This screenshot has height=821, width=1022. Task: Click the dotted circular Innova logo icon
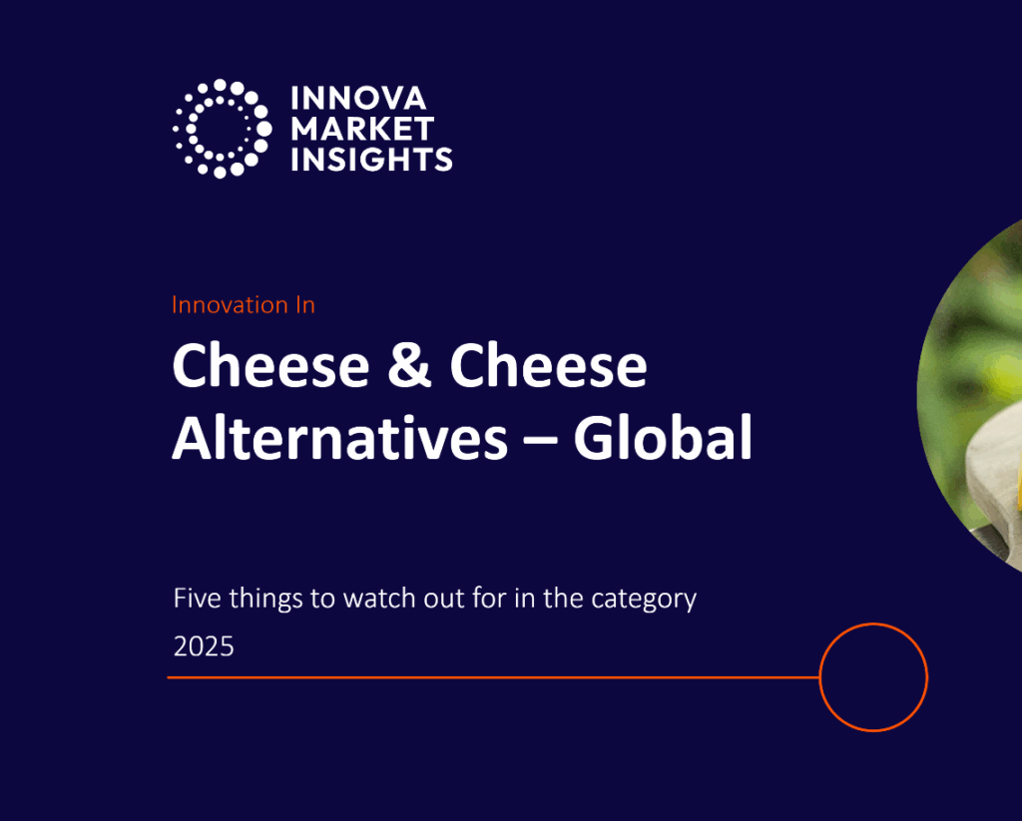click(x=222, y=129)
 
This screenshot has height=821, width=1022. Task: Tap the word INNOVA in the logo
click(x=358, y=99)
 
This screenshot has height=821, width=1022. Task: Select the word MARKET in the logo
click(x=362, y=129)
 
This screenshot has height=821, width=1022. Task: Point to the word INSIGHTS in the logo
click(x=371, y=159)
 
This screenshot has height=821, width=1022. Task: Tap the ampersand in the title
click(x=410, y=367)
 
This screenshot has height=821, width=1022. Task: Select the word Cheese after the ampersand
click(x=548, y=367)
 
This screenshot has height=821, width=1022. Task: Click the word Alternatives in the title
click(x=338, y=439)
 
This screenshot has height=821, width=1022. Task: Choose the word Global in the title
click(x=663, y=439)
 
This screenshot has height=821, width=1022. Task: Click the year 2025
click(x=204, y=646)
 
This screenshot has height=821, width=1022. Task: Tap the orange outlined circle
click(x=873, y=677)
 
